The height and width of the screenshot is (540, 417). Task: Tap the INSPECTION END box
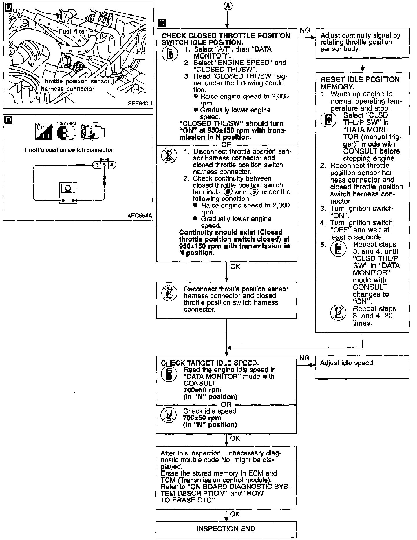coord(226,529)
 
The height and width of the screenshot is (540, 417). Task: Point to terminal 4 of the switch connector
coord(112,165)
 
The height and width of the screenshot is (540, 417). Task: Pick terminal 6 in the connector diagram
coord(96,165)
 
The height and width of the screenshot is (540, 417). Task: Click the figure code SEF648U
coord(140,103)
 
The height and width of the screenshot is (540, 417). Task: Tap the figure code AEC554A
coord(139,216)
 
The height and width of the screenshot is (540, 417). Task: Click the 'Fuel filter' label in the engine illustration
coord(73,31)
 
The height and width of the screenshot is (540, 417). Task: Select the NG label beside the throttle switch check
coord(305,30)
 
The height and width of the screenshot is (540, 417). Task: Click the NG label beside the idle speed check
coord(304,358)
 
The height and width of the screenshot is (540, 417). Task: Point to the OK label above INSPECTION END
coord(235,514)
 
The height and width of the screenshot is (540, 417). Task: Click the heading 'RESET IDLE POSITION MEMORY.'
coord(360,83)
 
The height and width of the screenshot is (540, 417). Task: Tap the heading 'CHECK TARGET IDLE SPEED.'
coord(210,363)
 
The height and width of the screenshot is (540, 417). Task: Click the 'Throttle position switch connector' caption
coord(68,150)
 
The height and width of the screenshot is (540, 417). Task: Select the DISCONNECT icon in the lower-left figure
coord(66,131)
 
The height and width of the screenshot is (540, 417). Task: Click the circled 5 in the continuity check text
coord(254,192)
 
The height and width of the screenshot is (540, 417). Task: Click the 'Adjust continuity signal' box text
coord(360,42)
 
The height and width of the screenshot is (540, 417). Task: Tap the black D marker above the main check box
coord(162,23)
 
